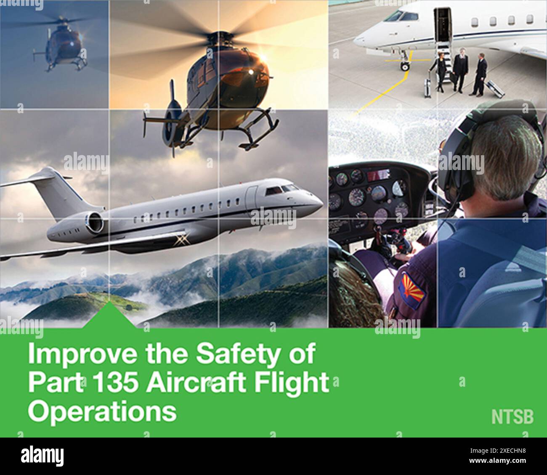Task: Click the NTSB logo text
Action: pos(512,417)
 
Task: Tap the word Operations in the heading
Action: pos(102,411)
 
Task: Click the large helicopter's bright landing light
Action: pos(251,72)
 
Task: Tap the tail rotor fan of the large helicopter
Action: pos(172,124)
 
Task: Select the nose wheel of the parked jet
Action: pos(405,66)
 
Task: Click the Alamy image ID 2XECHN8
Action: pos(499,451)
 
